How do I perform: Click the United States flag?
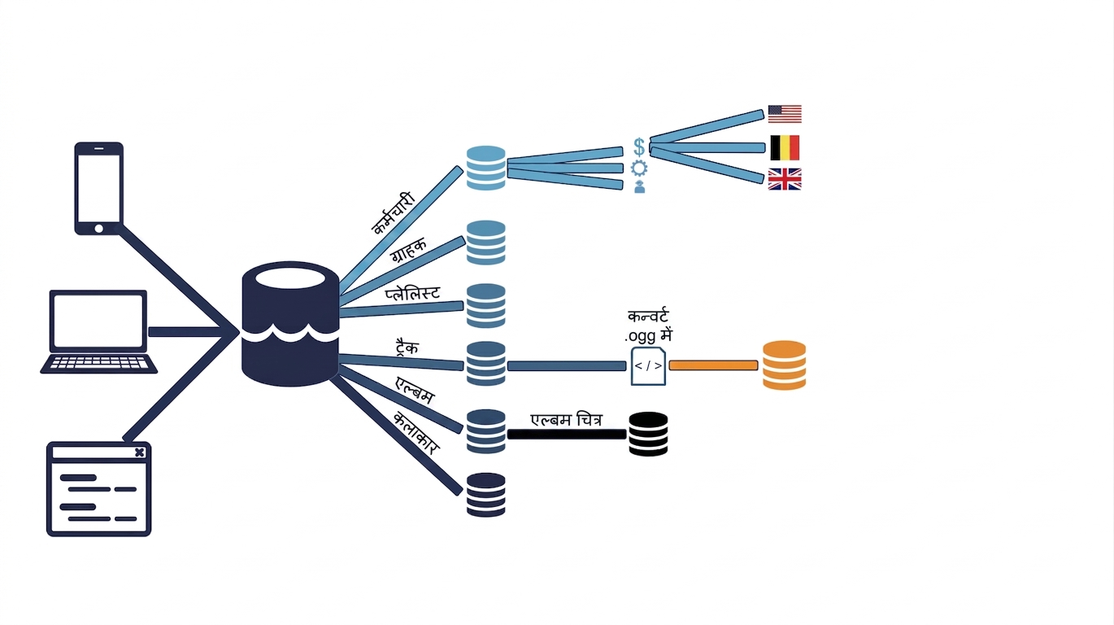pyautogui.click(x=785, y=114)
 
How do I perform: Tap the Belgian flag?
pyautogui.click(x=785, y=148)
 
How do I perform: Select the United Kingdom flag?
pyautogui.click(x=785, y=179)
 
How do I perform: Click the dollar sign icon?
pyautogui.click(x=639, y=146)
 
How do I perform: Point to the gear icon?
pyautogui.click(x=640, y=168)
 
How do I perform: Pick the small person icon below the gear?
pyautogui.click(x=640, y=187)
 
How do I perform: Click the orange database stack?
pyautogui.click(x=785, y=365)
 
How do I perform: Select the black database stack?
pyautogui.click(x=649, y=434)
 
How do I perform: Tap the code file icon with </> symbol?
pyautogui.click(x=649, y=366)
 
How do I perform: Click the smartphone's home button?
pyautogui.click(x=99, y=229)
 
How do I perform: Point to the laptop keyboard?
pyautogui.click(x=99, y=363)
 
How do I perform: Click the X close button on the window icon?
pyautogui.click(x=140, y=452)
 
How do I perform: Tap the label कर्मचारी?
pyautogui.click(x=394, y=213)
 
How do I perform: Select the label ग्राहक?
pyautogui.click(x=409, y=251)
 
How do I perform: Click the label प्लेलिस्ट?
pyautogui.click(x=413, y=293)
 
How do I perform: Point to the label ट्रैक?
pyautogui.click(x=407, y=347)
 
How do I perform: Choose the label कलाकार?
pyautogui.click(x=416, y=433)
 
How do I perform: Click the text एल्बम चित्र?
pyautogui.click(x=567, y=420)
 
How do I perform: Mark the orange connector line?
pyautogui.click(x=714, y=365)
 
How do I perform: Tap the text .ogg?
pyautogui.click(x=640, y=337)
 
